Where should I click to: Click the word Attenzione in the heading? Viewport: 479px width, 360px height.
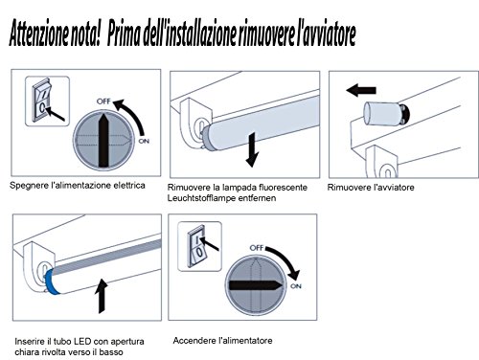[38, 34]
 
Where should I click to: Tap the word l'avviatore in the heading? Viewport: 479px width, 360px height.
[326, 33]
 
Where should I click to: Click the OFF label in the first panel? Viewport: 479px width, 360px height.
[103, 101]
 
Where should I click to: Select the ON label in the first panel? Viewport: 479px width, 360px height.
[144, 141]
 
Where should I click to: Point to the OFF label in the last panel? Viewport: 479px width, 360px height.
[257, 248]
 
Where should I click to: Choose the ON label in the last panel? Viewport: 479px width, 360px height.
[296, 286]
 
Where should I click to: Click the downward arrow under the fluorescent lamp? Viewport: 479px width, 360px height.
[252, 149]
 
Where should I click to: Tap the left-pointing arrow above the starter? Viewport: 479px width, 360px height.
[361, 90]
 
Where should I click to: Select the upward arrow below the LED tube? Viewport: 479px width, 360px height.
[102, 296]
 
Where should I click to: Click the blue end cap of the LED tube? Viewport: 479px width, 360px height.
[51, 282]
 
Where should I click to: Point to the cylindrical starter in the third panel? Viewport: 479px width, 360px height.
[386, 113]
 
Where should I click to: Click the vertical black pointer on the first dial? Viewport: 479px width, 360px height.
[103, 140]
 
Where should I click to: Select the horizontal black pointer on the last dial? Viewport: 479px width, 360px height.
[256, 285]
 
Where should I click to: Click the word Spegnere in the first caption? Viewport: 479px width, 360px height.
[29, 186]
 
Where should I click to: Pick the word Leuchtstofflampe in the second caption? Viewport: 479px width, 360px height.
[201, 198]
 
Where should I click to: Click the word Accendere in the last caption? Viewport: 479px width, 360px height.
[194, 341]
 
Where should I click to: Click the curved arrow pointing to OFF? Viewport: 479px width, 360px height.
[132, 115]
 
